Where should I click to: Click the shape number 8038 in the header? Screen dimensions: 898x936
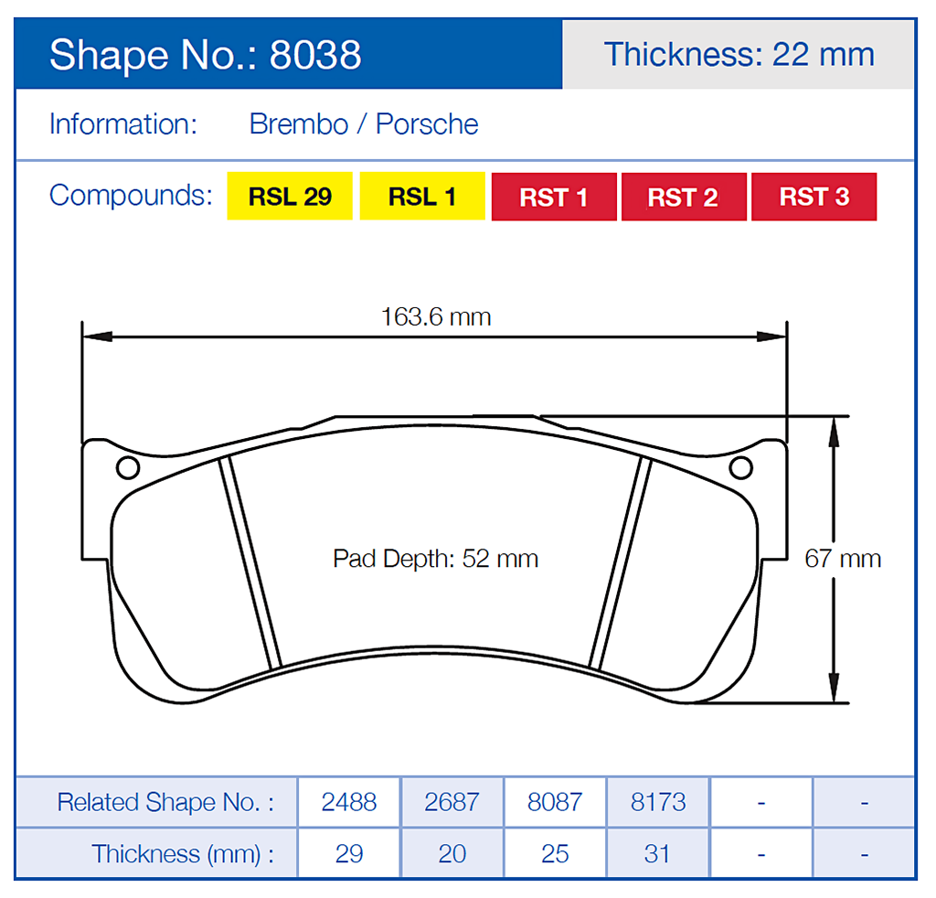coord(315,55)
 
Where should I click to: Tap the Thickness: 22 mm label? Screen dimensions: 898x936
coord(739,54)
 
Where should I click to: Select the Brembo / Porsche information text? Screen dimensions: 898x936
coord(364,124)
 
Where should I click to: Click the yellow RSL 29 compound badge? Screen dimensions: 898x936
coord(290,197)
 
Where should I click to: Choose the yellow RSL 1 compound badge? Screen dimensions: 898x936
coord(422,197)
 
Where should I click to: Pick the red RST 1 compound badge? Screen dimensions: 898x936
coord(554,197)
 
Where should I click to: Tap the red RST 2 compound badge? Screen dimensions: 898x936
coord(683,197)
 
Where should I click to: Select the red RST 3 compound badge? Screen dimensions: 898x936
coord(814,197)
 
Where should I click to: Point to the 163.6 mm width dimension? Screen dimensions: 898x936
coord(436,317)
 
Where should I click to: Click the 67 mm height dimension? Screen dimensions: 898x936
coord(842,558)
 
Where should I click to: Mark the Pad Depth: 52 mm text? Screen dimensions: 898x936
coord(435,558)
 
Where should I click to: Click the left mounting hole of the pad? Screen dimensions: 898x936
coord(127,468)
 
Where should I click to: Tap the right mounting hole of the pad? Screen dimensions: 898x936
coord(741,468)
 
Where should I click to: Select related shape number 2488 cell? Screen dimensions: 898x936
coord(349,802)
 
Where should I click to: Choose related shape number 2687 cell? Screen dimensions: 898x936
coord(452,802)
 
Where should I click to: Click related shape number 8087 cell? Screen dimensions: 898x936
coord(555,802)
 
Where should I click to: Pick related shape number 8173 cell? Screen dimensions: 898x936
coord(658,802)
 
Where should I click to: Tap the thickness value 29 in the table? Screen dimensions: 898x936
coord(349,853)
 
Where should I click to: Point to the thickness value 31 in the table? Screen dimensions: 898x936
coord(658,853)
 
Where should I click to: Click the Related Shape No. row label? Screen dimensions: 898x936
coord(165,802)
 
